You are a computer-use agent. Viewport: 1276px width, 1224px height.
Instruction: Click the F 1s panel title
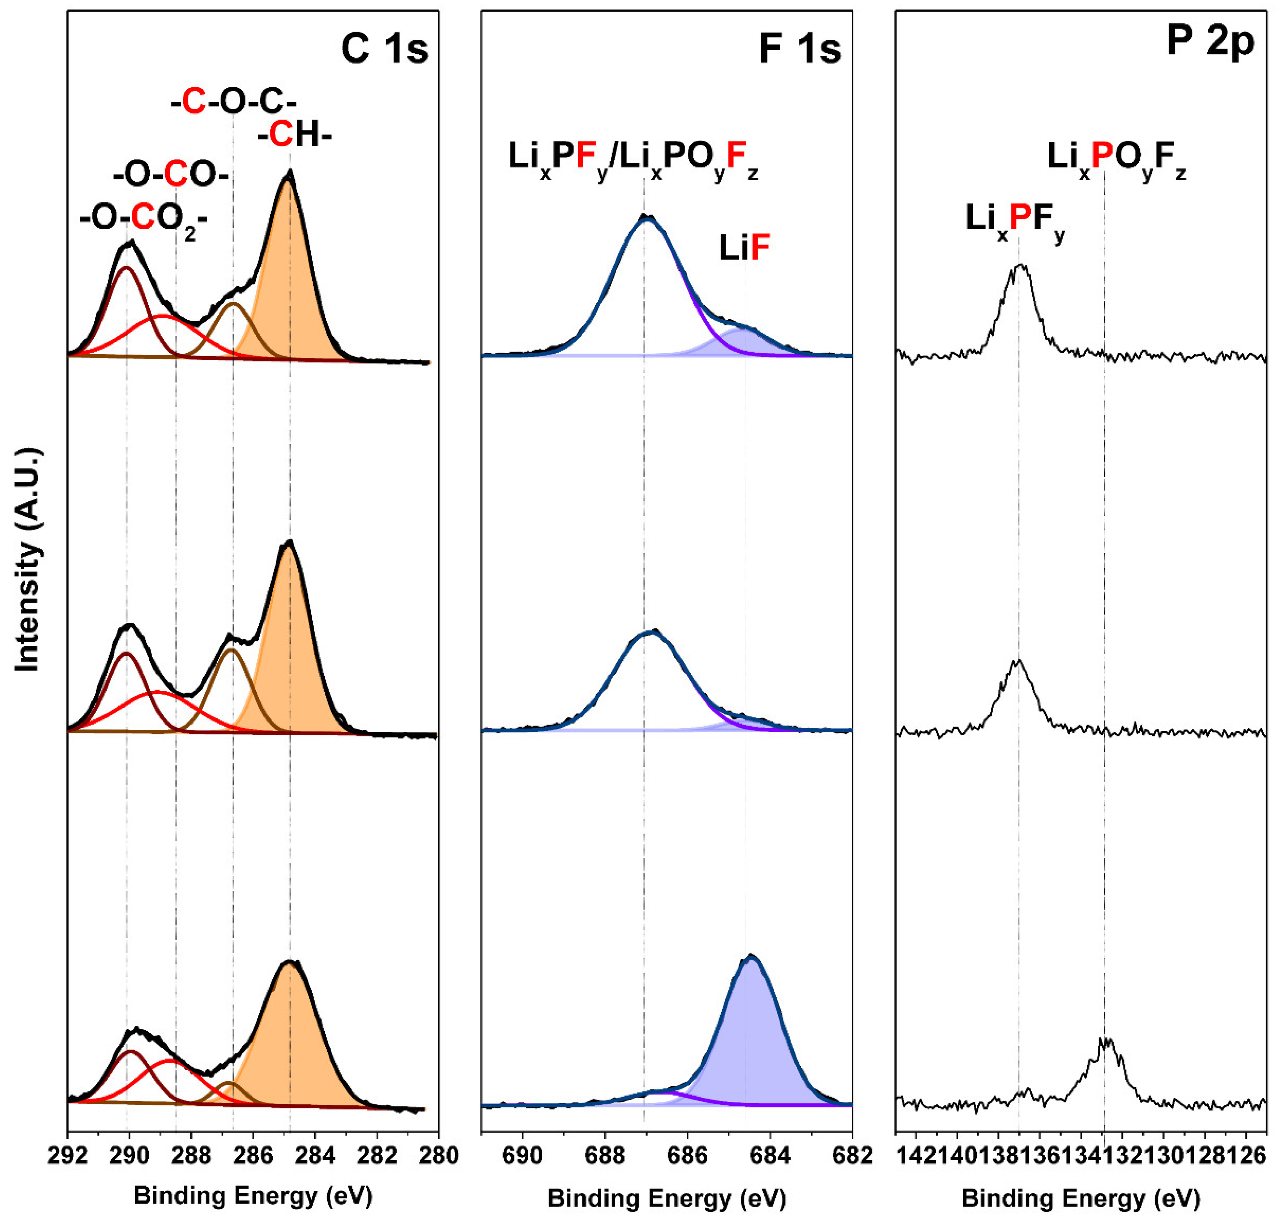click(x=800, y=49)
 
